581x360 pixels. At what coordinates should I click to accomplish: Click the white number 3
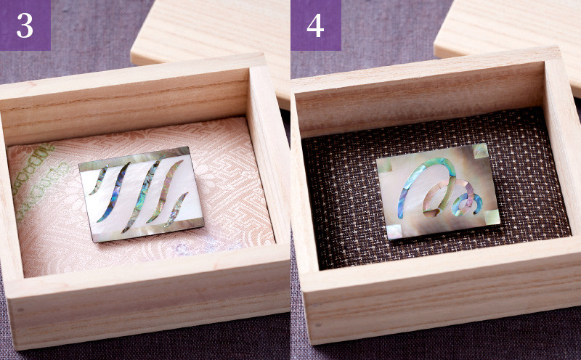tap(25, 25)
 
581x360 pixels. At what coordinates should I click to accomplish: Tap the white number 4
tap(315, 25)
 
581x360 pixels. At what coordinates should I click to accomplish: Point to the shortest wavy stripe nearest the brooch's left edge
tap(98, 181)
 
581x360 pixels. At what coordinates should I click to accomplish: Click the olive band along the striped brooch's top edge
tap(134, 158)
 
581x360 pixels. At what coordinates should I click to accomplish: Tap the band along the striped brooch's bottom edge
tap(148, 229)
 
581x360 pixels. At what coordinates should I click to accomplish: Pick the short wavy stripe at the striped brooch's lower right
tap(176, 209)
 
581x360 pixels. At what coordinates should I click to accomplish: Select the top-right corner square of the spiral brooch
tap(481, 151)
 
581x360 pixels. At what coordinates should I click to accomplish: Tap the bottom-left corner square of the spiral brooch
tap(394, 232)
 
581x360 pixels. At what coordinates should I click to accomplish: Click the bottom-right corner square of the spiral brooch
tap(492, 217)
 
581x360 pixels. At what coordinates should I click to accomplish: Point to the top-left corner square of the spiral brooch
tap(384, 165)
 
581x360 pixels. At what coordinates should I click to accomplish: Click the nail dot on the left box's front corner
tap(20, 310)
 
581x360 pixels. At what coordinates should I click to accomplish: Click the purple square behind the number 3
tap(25, 25)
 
